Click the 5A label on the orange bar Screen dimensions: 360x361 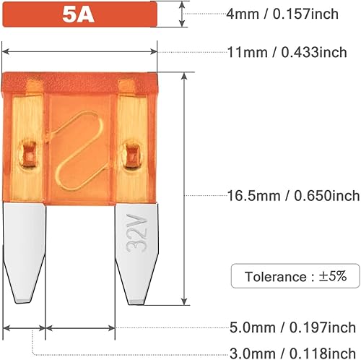pyautogui.click(x=79, y=14)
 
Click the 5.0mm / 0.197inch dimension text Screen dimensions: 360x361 pyautogui.click(x=292, y=328)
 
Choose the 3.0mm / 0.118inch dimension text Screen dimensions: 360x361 pyautogui.click(x=292, y=352)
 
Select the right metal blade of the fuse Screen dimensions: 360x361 pyautogui.click(x=136, y=249)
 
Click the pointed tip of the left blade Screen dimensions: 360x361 pyautogui.click(x=23, y=297)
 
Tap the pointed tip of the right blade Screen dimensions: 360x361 pyautogui.click(x=137, y=299)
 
